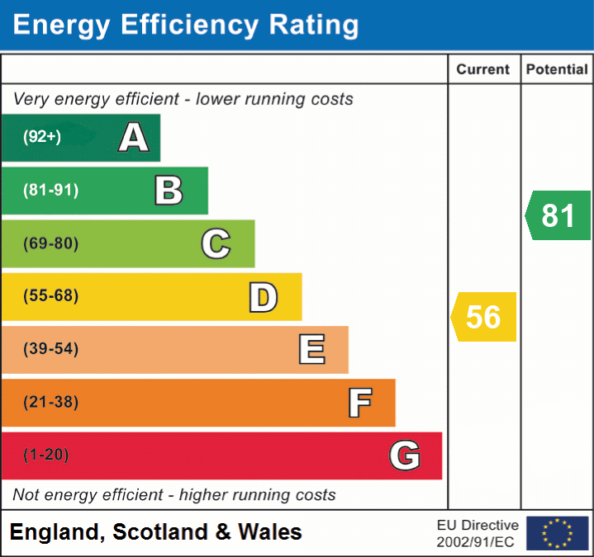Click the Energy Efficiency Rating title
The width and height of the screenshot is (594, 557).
pos(186,25)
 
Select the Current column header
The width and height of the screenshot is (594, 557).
pos(483,70)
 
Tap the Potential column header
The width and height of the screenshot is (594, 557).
pos(557,70)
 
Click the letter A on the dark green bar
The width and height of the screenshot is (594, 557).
pos(134,138)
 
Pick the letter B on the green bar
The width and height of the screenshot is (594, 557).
pos(169,191)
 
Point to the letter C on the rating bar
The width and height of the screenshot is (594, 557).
pos(216,243)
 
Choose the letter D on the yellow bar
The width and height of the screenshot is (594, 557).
pos(263,297)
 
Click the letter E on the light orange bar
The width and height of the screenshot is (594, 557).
pos(311,350)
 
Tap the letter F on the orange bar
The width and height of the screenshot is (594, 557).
pos(359,403)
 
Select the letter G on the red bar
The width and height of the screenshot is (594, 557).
pos(405,456)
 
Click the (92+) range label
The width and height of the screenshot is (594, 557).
pos(42,137)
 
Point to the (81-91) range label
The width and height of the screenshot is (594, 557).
pos(51,191)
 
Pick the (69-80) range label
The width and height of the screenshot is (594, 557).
pos(51,243)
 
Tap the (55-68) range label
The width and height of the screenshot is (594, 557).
pos(51,296)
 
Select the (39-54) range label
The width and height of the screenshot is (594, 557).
pos(51,349)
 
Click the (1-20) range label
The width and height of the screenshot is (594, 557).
pos(46,455)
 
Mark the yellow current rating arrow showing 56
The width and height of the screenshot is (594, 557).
pos(484,317)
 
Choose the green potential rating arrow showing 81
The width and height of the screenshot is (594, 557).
pos(558,215)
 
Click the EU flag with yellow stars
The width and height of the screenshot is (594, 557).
pos(557,533)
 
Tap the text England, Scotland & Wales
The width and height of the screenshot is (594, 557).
pos(156,532)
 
